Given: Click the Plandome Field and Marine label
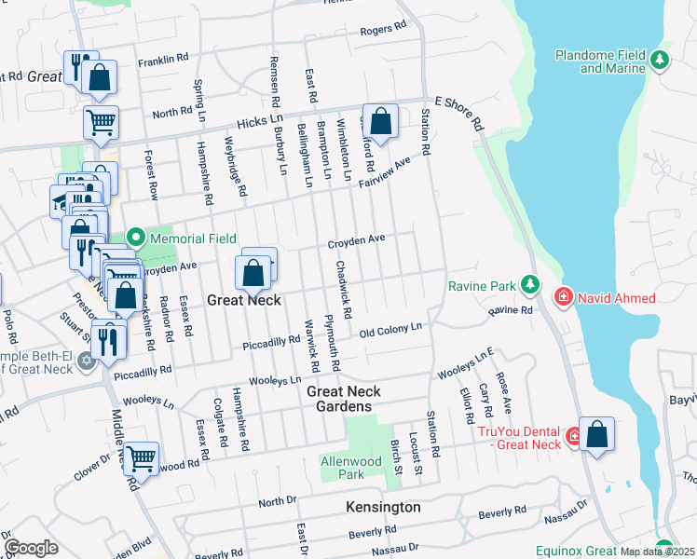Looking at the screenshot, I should coord(600,61).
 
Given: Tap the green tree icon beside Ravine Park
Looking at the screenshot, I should coord(530,283).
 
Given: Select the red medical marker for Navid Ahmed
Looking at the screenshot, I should coord(564,297).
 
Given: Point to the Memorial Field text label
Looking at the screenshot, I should coord(193,239).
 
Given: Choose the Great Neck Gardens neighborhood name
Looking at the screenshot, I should coord(340,399).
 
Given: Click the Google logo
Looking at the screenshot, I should coord(31,548).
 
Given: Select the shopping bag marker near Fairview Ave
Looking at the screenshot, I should coord(380,121).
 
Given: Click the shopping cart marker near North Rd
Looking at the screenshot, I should coord(101,122).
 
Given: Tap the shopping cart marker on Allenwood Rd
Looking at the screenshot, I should coord(141,457).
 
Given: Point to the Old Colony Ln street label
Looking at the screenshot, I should coord(390,329).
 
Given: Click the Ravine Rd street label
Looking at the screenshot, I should coord(509,310).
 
